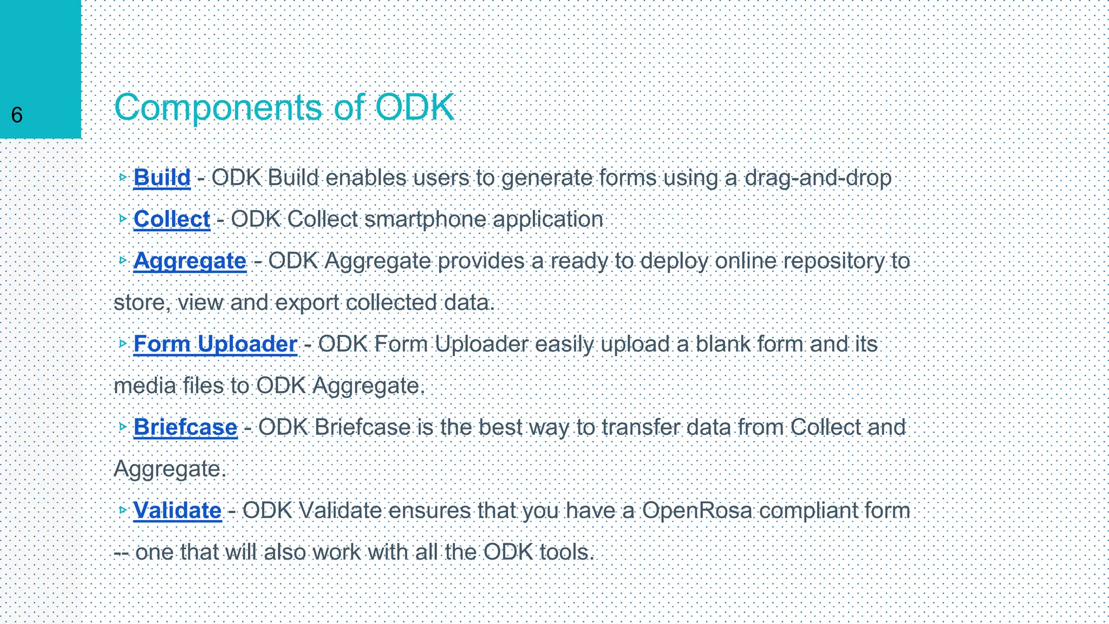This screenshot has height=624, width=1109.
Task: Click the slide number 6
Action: [x=17, y=115]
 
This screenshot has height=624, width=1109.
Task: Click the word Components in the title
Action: [x=218, y=107]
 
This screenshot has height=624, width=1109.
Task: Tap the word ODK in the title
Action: [x=414, y=107]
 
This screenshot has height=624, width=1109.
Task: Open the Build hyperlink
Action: [x=162, y=178]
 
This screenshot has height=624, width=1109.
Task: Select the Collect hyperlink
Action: [x=172, y=219]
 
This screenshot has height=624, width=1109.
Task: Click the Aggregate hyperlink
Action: [x=190, y=261]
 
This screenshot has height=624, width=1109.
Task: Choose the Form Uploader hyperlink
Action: [x=215, y=344]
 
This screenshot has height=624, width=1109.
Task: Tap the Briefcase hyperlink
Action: [x=185, y=427]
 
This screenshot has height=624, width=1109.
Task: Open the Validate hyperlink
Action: [x=178, y=511]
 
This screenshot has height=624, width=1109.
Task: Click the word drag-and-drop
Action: [x=818, y=178]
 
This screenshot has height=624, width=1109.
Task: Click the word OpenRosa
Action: [x=697, y=511]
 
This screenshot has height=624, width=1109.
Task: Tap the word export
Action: [x=307, y=303]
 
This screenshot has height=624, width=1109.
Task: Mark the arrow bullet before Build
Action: [x=123, y=177]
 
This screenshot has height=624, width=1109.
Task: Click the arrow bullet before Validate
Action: [x=123, y=510]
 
